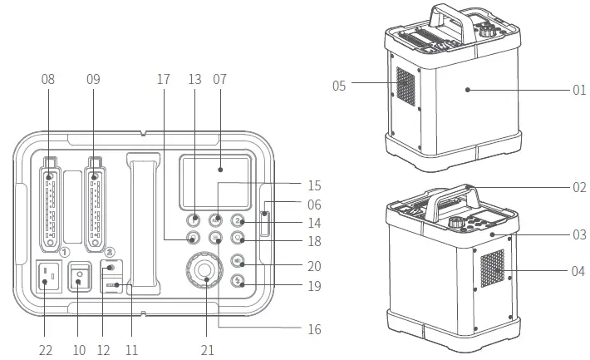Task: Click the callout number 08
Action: [x=47, y=79]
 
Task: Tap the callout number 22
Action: [x=46, y=350]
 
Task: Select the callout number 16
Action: [x=312, y=329]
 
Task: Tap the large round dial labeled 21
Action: [x=201, y=272]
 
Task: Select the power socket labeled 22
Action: [x=47, y=278]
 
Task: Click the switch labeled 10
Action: [x=79, y=278]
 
